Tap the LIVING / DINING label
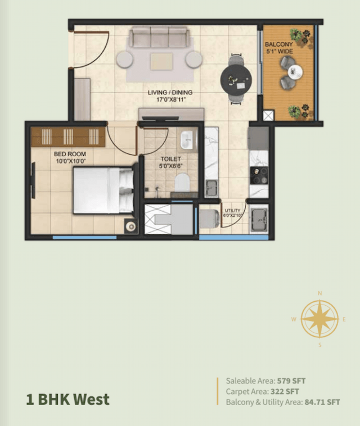point(167,92)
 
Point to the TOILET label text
point(170,160)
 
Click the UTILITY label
point(233,211)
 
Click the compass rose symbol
point(319,319)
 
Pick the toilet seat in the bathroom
point(181,182)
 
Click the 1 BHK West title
point(67,400)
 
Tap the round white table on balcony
point(295,71)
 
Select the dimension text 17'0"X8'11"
point(167,100)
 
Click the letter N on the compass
point(319,293)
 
